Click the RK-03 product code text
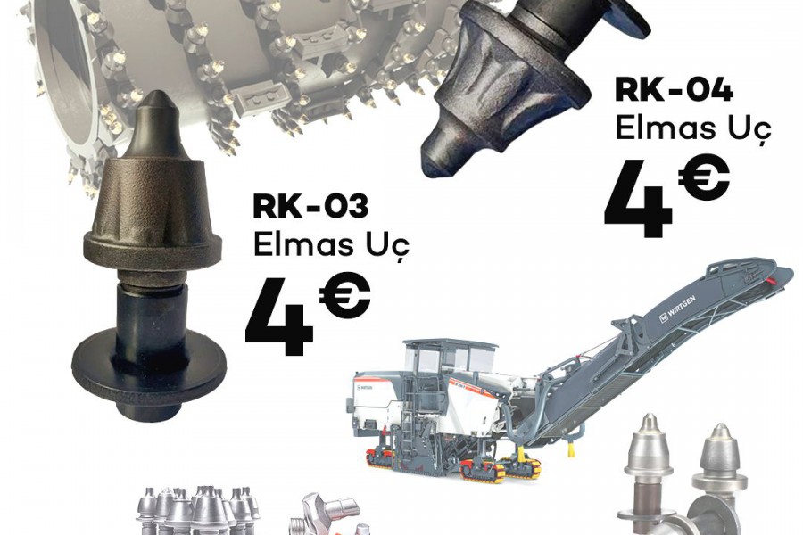tap(310, 207)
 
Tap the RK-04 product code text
tap(674, 90)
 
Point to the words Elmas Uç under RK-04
tap(693, 128)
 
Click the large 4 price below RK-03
tap(280, 320)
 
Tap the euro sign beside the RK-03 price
tap(344, 296)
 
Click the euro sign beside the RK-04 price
tap(704, 178)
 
